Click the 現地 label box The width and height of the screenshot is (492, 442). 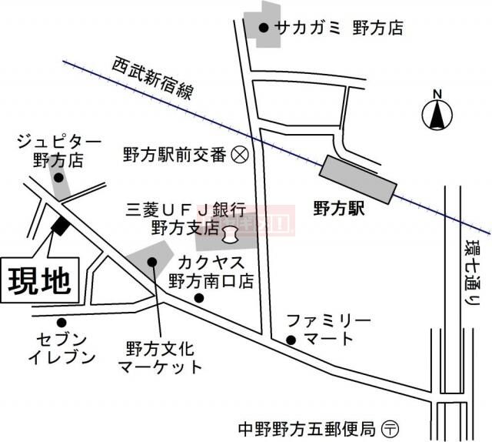click(40, 282)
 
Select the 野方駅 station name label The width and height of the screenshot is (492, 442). click(339, 207)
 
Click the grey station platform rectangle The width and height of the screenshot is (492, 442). click(359, 179)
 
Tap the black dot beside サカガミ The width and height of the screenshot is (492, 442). click(263, 28)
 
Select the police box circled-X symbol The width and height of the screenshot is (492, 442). click(239, 154)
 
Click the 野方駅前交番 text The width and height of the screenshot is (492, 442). click(175, 154)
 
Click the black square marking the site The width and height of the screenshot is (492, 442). click(58, 226)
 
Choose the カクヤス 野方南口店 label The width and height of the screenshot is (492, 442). click(211, 270)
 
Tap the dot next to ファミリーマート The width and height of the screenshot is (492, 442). click(291, 340)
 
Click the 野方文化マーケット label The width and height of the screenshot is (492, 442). click(160, 357)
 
